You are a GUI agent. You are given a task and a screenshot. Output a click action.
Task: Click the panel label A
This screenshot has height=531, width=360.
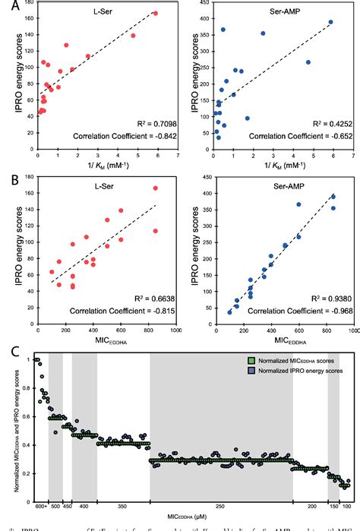pyautogui.click(x=7, y=6)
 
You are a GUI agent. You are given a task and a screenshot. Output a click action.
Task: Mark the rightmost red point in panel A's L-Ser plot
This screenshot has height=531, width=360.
pyautogui.click(x=156, y=13)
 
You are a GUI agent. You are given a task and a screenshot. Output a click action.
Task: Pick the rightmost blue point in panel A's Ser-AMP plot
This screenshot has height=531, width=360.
pyautogui.click(x=330, y=22)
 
